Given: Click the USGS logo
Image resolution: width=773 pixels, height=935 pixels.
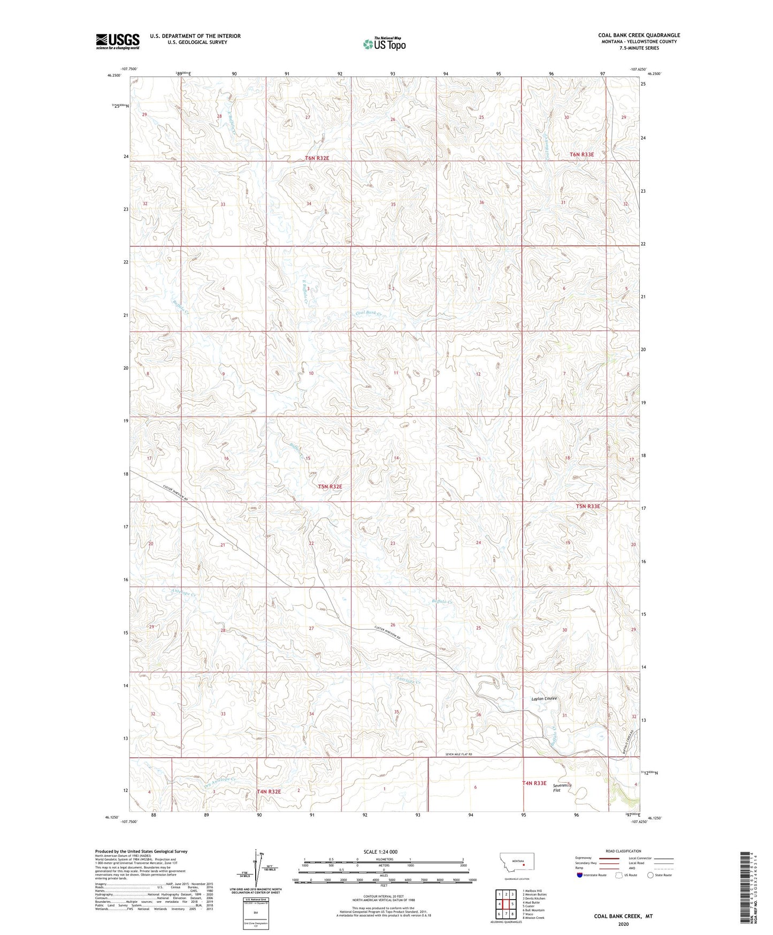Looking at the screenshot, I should (x=117, y=41).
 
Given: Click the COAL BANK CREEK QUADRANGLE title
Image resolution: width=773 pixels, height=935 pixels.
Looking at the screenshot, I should (x=639, y=35).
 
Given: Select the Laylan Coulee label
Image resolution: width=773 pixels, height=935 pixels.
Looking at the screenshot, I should (x=544, y=698).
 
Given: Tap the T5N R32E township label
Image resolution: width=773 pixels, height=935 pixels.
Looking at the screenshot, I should (x=330, y=486).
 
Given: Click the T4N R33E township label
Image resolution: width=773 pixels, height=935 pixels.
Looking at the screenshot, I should (x=534, y=783).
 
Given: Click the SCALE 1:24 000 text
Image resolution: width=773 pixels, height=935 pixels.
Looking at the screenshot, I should (x=380, y=851).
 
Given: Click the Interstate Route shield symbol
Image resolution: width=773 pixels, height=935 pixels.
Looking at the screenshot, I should (x=580, y=875).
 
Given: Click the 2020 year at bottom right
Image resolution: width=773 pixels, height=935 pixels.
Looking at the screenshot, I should (x=623, y=924).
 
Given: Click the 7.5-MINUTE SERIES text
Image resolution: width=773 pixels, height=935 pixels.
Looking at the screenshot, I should (x=639, y=48).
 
